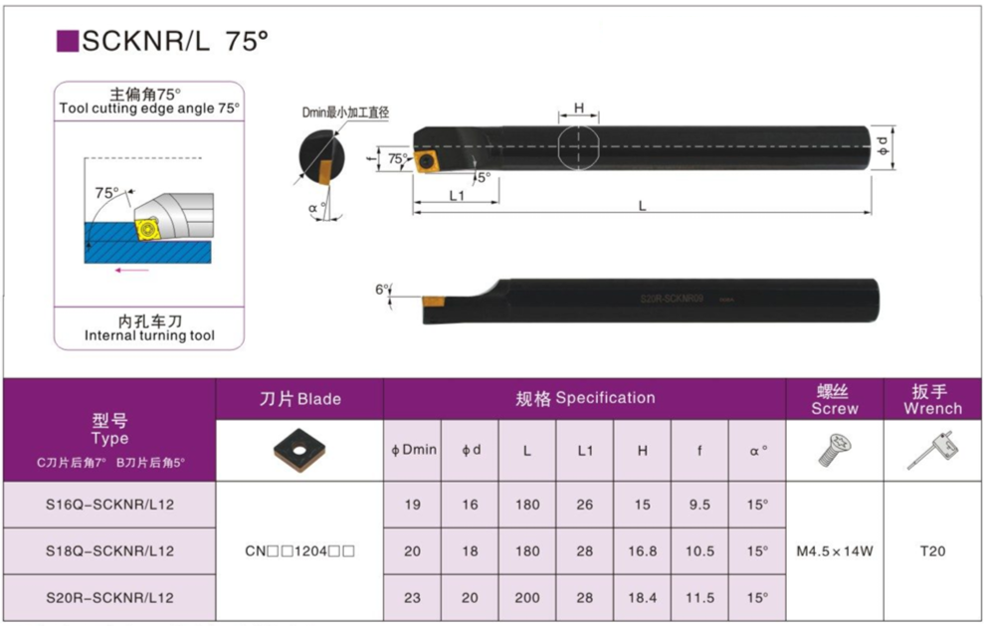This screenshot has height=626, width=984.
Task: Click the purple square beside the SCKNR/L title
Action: tap(68, 42)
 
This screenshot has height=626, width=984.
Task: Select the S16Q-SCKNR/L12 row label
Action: tap(109, 505)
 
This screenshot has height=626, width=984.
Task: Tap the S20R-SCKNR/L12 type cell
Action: tap(109, 598)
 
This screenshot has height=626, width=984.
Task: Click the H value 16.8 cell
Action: tap(643, 551)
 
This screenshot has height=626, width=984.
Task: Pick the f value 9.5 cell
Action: tap(699, 505)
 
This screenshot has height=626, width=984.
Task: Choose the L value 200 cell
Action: tap(527, 598)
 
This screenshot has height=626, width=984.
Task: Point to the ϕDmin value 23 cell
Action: tap(412, 598)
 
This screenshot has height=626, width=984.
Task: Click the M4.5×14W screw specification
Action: tap(835, 551)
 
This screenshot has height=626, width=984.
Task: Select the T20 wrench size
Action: tap(932, 551)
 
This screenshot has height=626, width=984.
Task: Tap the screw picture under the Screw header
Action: tap(835, 450)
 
